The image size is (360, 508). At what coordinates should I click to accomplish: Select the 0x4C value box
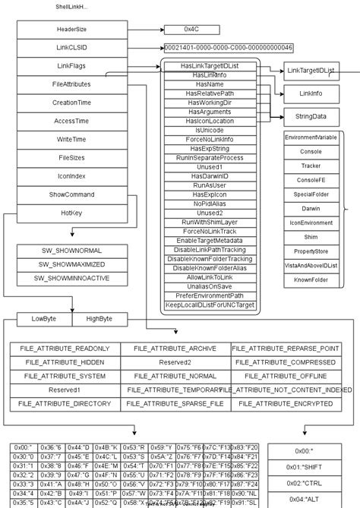pos(190,30)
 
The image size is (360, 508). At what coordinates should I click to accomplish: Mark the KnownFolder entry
pos(311,280)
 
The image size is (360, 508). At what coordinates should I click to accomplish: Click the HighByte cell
pos(99,318)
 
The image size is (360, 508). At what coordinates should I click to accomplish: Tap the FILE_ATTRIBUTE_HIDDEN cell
pos(65,362)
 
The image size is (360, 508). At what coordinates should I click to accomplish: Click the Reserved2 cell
pos(175,362)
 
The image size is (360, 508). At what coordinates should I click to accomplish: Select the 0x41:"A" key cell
pos(51,483)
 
